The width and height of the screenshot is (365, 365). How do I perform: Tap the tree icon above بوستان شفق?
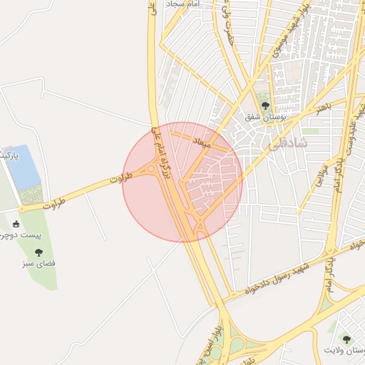[266, 106]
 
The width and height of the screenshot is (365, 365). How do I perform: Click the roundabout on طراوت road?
[151, 170]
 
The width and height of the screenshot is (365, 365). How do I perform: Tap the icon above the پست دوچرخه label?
[16, 224]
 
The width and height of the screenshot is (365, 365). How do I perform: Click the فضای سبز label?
[40, 263]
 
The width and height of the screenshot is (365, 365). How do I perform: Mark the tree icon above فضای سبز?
[38, 252]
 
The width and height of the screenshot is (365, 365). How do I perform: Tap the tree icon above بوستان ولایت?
[346, 339]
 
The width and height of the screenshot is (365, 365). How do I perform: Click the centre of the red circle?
[182, 182]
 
